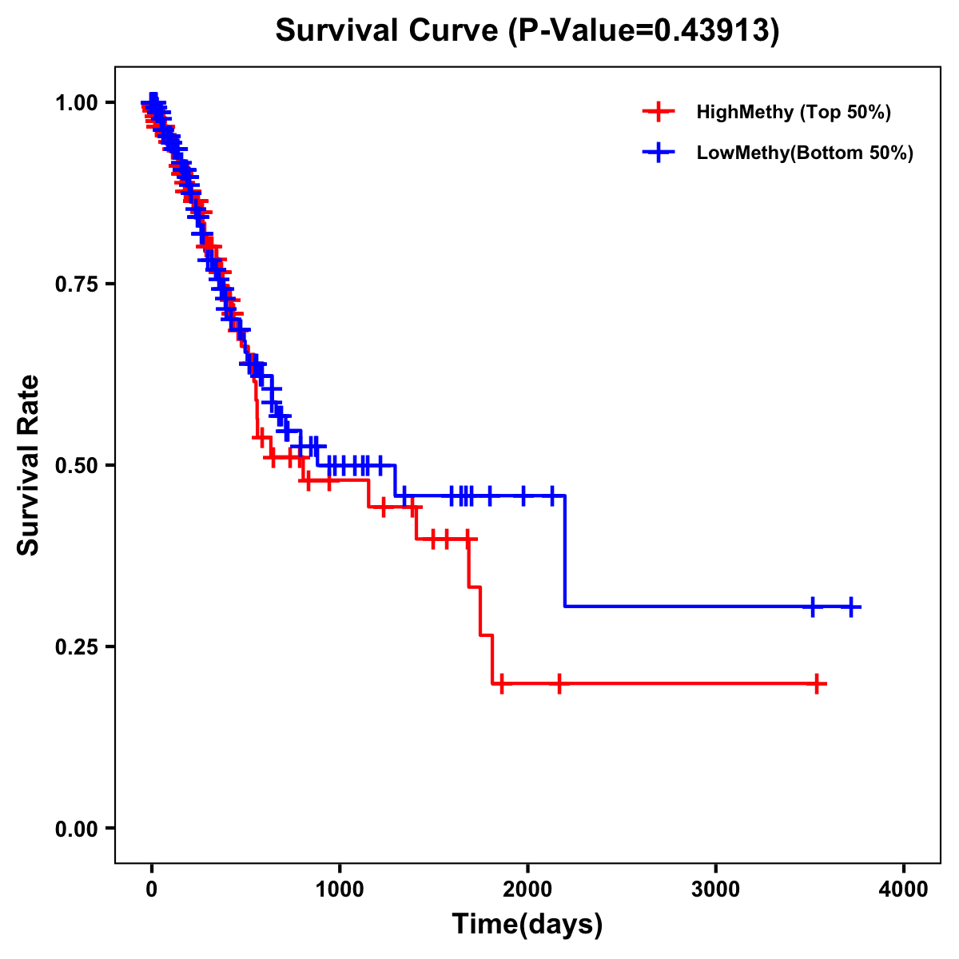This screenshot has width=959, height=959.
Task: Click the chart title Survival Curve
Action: tap(527, 31)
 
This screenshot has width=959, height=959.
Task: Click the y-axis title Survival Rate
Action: tap(29, 465)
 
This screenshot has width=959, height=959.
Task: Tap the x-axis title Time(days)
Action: tap(527, 925)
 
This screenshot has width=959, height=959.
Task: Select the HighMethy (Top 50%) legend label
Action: tap(793, 112)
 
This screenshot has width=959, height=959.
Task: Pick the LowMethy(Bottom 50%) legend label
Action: tap(804, 153)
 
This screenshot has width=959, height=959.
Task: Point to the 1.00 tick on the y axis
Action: tap(76, 103)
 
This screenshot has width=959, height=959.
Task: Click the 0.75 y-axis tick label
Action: tap(76, 285)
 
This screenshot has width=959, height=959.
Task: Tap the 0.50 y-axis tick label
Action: tap(76, 466)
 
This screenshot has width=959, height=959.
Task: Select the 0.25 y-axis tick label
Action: tap(76, 647)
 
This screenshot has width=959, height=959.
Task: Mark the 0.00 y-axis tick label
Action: tap(76, 829)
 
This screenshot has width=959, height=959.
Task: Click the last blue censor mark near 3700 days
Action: tap(851, 607)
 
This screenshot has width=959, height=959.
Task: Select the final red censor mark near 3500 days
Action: tap(817, 684)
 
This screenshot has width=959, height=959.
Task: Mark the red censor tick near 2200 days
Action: tap(559, 684)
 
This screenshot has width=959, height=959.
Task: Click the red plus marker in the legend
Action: tap(658, 112)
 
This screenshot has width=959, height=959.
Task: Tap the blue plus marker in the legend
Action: tap(658, 153)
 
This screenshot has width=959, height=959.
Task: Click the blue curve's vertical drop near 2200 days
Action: tap(565, 551)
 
